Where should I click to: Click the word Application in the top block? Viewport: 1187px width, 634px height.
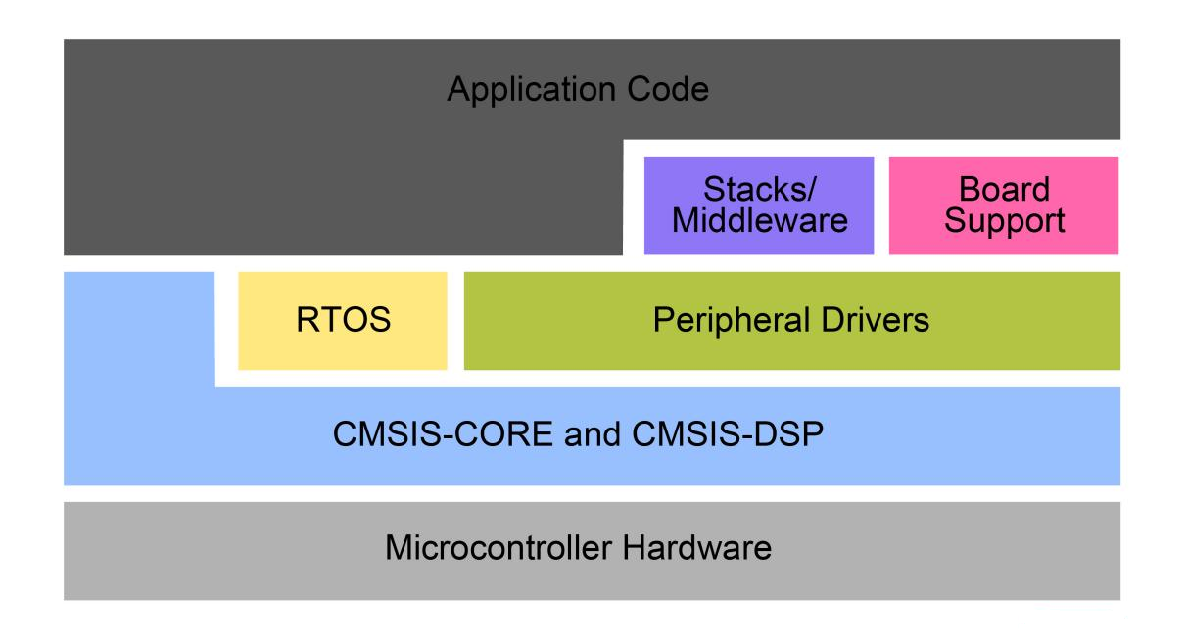tap(532, 90)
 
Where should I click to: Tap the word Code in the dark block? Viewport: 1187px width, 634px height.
tap(668, 89)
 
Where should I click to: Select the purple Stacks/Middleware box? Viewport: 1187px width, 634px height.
tap(759, 205)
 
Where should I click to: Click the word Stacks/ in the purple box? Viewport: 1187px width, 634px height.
tap(759, 189)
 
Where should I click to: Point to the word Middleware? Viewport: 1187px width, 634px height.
tap(760, 220)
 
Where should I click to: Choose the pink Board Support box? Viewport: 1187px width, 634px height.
tap(1004, 205)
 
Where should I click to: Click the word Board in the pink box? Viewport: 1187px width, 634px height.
tap(1004, 189)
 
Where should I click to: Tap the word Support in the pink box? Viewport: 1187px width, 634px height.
tap(1004, 221)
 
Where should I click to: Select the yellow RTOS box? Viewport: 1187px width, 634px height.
tap(343, 321)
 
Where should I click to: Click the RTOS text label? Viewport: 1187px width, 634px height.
tap(344, 320)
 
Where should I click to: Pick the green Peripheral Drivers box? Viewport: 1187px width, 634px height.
tap(792, 321)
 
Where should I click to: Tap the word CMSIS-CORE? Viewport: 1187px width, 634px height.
tap(443, 434)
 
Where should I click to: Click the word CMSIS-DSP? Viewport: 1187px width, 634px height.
tap(728, 434)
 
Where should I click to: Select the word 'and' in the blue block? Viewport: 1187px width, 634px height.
tap(593, 434)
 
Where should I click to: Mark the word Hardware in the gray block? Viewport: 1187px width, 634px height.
tap(697, 547)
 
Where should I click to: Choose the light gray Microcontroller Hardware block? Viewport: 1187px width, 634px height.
tap(592, 551)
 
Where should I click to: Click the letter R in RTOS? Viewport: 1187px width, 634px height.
tap(307, 320)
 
